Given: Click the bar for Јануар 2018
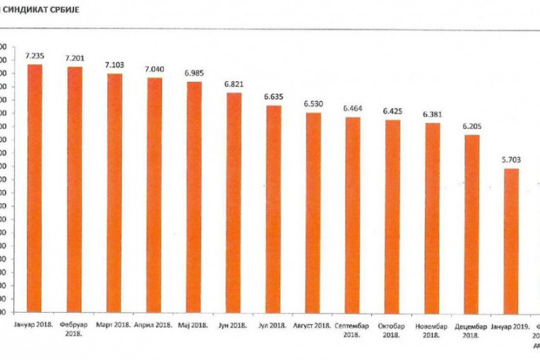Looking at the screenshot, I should tap(35, 188).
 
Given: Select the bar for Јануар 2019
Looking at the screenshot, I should tap(511, 240).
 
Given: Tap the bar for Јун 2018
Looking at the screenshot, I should tap(234, 202).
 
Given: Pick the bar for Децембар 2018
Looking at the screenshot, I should tap(472, 223).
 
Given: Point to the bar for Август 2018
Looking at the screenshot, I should tap(313, 212).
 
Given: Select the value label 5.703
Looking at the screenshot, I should tap(511, 160).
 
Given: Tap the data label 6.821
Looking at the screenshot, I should tap(234, 84).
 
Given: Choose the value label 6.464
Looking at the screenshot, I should tap(353, 109).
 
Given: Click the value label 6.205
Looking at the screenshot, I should tap(472, 126).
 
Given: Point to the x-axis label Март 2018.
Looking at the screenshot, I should tap(114, 325).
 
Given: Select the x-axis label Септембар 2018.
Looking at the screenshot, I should tap(352, 330).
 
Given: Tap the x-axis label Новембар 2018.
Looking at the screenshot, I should tap(432, 330).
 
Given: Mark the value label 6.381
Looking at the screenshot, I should tap(433, 114).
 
